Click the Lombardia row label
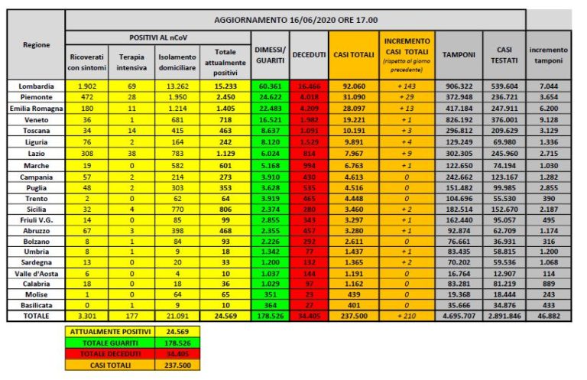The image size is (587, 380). (36, 86)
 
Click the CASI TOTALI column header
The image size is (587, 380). (355, 54)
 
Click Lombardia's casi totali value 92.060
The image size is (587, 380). (355, 86)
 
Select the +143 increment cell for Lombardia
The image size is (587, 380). (407, 86)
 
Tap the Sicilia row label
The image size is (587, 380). (36, 208)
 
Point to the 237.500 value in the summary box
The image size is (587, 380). (176, 365)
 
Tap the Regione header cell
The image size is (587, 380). (36, 44)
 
